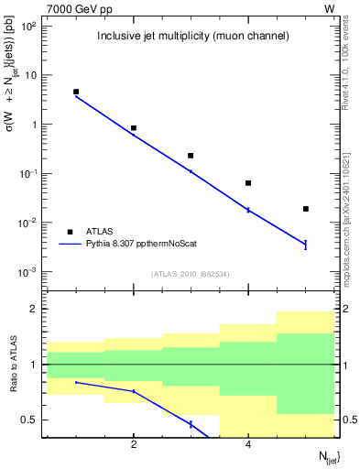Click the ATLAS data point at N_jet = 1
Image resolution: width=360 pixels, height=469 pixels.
[76, 92]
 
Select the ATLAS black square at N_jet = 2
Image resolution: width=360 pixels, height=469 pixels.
[134, 128]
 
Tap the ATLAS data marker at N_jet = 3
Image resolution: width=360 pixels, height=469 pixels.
[191, 156]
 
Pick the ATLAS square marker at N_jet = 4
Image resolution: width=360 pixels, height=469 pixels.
[248, 183]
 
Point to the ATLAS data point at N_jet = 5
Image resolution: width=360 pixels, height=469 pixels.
[306, 209]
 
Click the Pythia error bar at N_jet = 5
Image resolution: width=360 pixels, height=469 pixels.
[306, 244]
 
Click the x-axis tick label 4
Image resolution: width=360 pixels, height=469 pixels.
[248, 445]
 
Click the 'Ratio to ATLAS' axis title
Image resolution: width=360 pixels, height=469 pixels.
[13, 365]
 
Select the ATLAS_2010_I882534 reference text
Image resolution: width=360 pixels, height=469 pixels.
[190, 273]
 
